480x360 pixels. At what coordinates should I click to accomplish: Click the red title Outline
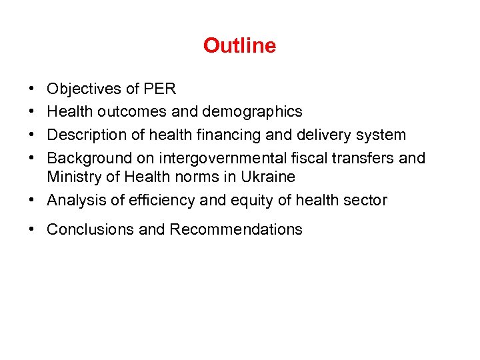click(239, 45)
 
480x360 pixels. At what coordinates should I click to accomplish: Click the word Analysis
click(75, 200)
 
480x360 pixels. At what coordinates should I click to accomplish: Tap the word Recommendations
click(235, 229)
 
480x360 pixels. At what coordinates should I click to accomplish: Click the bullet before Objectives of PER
click(33, 89)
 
